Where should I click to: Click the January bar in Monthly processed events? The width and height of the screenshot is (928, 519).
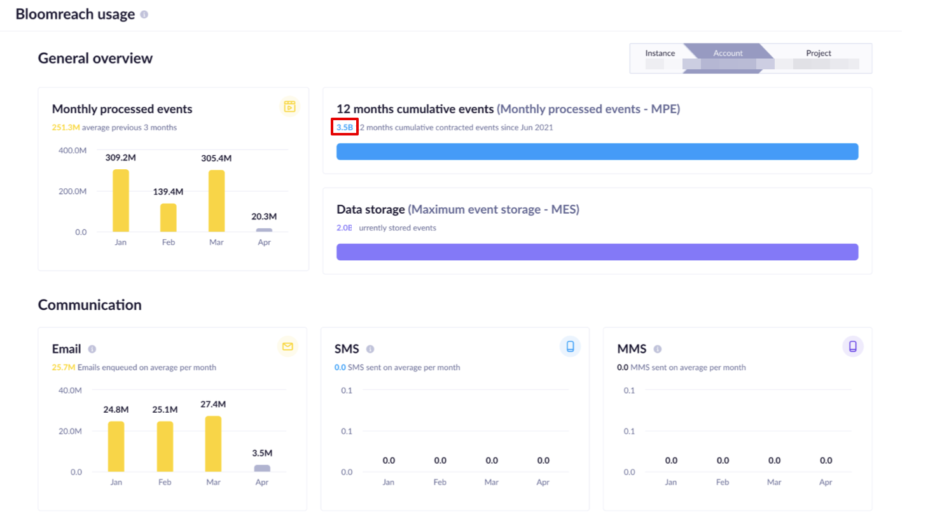121,200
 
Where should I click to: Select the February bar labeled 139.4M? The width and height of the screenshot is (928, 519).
169,218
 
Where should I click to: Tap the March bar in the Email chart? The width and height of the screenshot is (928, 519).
213,444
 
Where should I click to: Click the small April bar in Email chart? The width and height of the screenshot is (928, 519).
262,468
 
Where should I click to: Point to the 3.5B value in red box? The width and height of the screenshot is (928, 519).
345,127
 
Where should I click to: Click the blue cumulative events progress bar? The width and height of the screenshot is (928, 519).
597,151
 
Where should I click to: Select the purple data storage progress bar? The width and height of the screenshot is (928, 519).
597,252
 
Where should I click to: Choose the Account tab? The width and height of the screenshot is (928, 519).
728,53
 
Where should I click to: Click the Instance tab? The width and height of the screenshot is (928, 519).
660,53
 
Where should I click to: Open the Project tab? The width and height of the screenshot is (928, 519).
819,53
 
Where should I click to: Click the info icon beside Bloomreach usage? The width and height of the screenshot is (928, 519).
144,15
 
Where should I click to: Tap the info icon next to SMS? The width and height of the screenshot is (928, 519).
370,349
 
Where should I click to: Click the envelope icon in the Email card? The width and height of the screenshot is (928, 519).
287,347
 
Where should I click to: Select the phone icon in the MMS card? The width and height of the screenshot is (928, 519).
852,347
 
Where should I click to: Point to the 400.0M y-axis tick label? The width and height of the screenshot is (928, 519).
73,151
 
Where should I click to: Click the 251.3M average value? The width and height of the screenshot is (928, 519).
66,128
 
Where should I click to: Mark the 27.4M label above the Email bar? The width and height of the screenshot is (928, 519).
213,405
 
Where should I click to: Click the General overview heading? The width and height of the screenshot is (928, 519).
95,59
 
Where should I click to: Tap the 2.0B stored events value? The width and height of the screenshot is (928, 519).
344,228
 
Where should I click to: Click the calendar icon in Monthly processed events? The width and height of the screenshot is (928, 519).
289,106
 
